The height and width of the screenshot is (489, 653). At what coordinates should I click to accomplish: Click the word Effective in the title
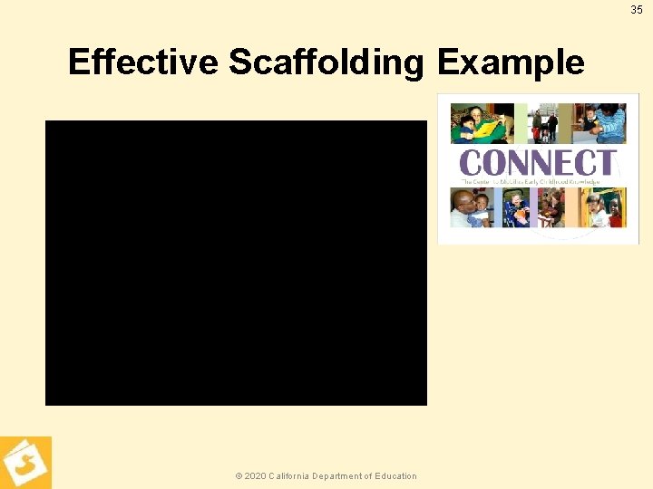(x=143, y=62)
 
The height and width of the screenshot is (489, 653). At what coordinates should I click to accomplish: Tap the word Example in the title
(x=511, y=62)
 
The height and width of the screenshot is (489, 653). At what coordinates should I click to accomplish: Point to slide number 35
(x=636, y=10)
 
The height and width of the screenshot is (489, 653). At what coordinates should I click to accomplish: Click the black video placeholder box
(x=236, y=263)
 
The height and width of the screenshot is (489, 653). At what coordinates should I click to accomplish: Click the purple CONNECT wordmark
(x=538, y=163)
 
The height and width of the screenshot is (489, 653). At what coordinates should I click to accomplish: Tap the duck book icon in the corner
(x=25, y=463)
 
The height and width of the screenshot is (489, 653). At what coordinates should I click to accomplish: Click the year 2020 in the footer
(x=255, y=476)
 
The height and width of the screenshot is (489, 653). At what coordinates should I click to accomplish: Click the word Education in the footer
(x=397, y=476)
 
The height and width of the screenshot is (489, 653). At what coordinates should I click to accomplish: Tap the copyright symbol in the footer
(x=239, y=476)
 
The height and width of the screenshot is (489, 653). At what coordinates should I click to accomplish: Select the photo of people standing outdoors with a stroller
(x=544, y=124)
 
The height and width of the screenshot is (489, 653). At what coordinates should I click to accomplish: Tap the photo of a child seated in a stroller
(x=516, y=207)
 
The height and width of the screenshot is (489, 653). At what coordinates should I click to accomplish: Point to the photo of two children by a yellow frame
(x=604, y=207)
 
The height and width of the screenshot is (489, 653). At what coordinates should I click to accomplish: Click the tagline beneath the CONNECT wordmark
(x=531, y=182)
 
